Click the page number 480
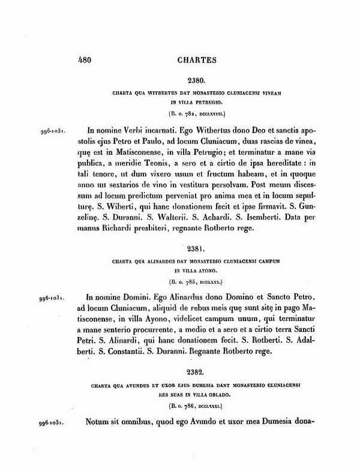click(88, 60)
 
